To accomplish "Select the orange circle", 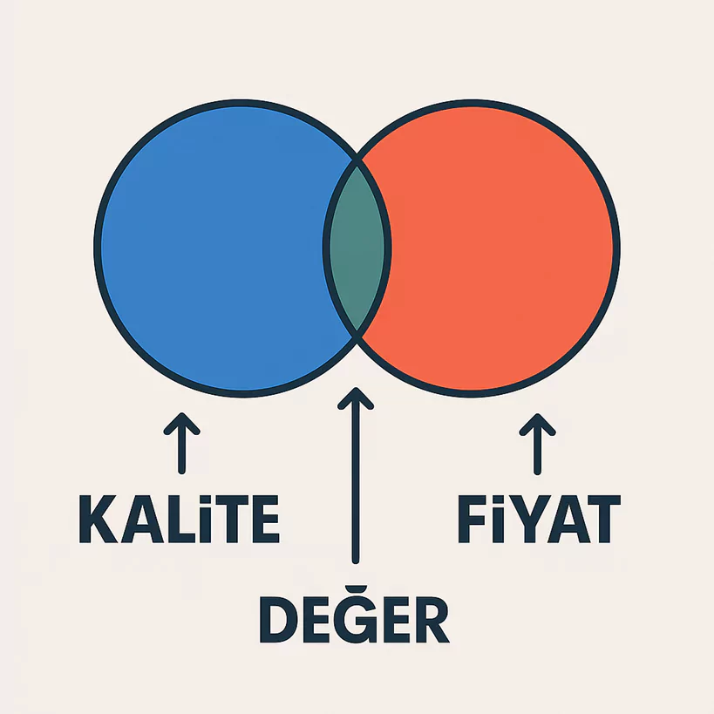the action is tap(501, 248).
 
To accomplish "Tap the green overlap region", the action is tap(357, 248).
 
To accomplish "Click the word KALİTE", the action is tap(179, 519).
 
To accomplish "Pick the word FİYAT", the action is tap(539, 519).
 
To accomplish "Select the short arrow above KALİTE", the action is tap(181, 444).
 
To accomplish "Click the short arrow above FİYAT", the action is tap(537, 444).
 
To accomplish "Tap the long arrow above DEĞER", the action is tap(356, 475).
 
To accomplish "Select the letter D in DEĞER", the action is tap(278, 620).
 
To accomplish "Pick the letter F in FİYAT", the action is tap(473, 520).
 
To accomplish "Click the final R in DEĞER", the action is tap(431, 620).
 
